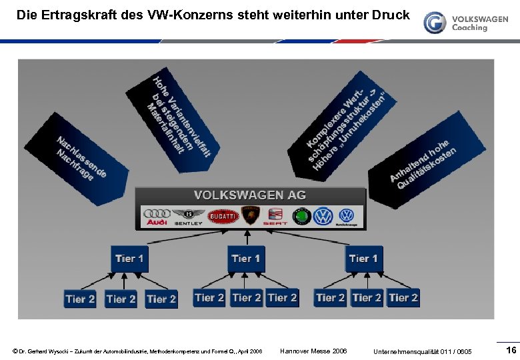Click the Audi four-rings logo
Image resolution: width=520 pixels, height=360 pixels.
pyautogui.click(x=157, y=216)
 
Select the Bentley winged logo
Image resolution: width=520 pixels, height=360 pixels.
pyautogui.click(x=188, y=216)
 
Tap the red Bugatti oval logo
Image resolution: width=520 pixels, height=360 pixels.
pyautogui.click(x=223, y=216)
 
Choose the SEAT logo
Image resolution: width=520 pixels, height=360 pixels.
pyautogui.click(x=275, y=216)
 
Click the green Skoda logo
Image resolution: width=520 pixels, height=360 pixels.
pyautogui.click(x=302, y=216)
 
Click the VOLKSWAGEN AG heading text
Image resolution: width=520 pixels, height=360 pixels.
pyautogui.click(x=250, y=195)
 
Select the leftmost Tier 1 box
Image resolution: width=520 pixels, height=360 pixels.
pyautogui.click(x=129, y=259)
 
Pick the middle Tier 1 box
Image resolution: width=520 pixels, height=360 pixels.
pyautogui.click(x=245, y=259)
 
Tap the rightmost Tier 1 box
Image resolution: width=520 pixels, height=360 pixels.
pyautogui.click(x=363, y=259)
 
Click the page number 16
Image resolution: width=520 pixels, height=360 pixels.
pyautogui.click(x=511, y=351)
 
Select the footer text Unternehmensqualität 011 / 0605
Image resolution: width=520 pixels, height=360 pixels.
pyautogui.click(x=423, y=351)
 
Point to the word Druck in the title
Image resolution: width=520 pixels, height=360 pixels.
pyautogui.click(x=390, y=14)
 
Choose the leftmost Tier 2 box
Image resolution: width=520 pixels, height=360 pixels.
pyautogui.click(x=81, y=299)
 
